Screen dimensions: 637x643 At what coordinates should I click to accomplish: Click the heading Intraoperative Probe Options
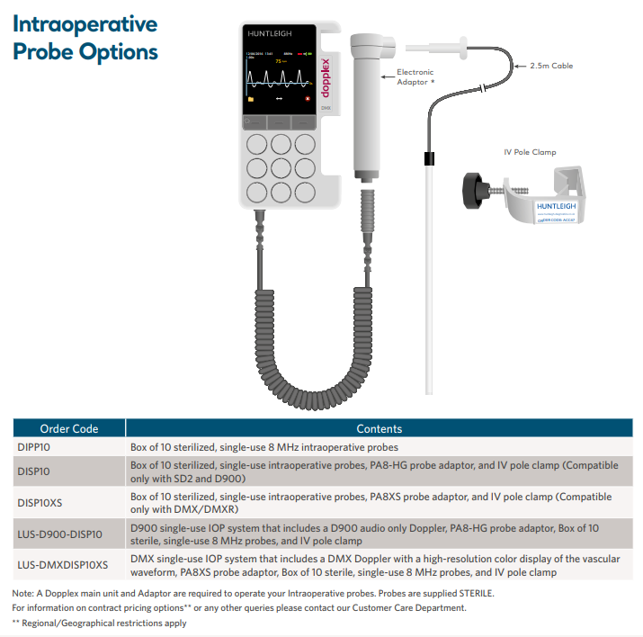pos(85,38)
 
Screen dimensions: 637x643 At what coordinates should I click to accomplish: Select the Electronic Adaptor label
pos(415,76)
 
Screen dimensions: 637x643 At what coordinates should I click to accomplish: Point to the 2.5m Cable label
pos(551,66)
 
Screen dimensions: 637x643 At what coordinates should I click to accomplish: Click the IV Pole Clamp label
pos(530,152)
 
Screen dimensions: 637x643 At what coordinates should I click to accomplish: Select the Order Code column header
pos(69,429)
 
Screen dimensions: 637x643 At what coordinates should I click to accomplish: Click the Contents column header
pos(380,429)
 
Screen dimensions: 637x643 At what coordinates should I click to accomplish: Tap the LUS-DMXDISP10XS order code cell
pos(63,565)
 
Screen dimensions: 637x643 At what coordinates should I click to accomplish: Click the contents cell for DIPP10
pos(264,446)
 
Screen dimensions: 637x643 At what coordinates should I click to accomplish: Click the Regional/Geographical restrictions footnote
pos(99,623)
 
